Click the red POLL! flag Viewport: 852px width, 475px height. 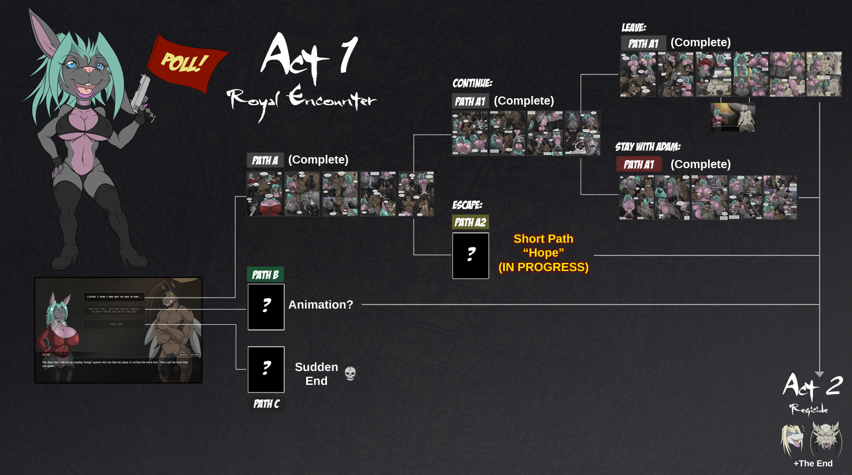(x=185, y=62)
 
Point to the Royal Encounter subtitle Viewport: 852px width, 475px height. (x=301, y=100)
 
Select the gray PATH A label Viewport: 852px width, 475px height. (x=265, y=160)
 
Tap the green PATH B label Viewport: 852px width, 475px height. (x=265, y=274)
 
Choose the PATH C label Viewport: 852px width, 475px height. (x=266, y=404)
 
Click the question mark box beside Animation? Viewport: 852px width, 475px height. (x=266, y=307)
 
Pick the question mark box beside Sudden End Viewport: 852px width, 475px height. (x=266, y=369)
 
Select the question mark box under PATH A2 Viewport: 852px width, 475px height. (x=471, y=255)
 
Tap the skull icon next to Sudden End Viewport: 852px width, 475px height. (x=350, y=374)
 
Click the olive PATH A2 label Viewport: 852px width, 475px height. (x=470, y=222)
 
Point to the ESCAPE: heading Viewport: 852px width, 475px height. (x=467, y=205)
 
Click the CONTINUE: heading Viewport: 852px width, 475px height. (x=472, y=83)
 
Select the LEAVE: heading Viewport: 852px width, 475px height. (x=634, y=27)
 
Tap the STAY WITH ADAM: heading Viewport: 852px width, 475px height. (x=648, y=147)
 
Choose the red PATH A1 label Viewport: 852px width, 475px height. (x=639, y=164)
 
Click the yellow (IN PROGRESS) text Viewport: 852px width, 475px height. (x=544, y=267)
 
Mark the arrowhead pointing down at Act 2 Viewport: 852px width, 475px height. (x=819, y=374)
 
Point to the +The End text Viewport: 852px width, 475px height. (x=813, y=463)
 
